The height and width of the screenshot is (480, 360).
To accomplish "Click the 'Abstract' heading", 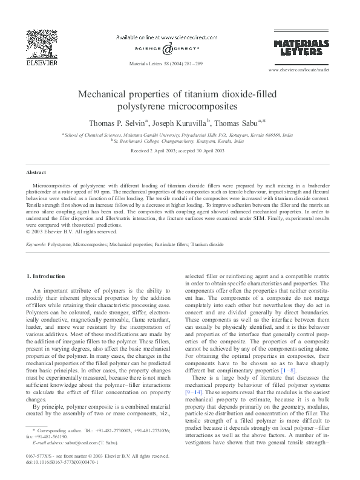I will [37, 172].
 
